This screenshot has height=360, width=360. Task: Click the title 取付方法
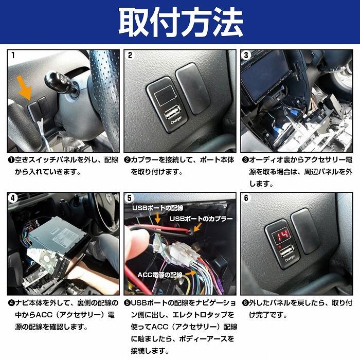tap(180, 22)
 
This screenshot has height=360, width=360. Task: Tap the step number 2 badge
tap(130, 55)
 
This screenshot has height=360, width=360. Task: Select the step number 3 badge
tap(246, 55)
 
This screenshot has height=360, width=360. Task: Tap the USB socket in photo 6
tap(285, 253)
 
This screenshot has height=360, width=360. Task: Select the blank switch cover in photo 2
tap(193, 88)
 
